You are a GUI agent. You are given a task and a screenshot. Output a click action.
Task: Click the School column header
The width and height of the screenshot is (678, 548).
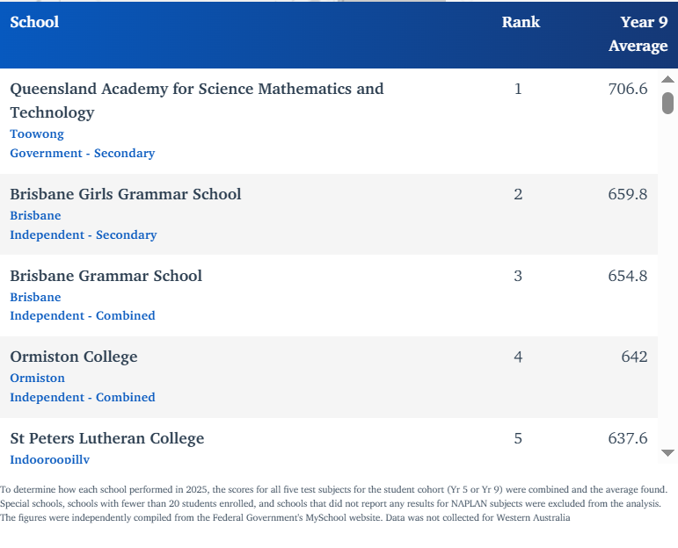[34, 22]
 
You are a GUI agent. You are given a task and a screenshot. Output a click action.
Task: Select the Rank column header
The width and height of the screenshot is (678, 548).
[521, 22]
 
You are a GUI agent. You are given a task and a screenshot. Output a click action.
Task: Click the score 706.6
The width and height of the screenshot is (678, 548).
[628, 89]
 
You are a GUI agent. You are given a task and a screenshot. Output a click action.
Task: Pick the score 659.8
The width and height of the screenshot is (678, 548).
[628, 194]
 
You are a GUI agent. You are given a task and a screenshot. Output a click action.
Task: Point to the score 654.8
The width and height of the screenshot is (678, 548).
[628, 276]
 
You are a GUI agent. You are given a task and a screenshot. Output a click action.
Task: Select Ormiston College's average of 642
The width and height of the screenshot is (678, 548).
[634, 357]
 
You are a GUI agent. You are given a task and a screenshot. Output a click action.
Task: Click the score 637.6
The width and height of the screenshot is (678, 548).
[628, 438]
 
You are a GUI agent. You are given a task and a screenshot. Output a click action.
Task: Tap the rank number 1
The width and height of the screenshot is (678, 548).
[518, 89]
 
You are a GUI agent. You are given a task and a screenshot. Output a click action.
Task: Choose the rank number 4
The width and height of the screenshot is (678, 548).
[518, 357]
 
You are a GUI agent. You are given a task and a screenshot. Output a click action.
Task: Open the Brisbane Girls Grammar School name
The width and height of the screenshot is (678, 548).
[126, 194]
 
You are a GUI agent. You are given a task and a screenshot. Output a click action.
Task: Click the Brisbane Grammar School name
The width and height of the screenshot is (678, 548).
[106, 276]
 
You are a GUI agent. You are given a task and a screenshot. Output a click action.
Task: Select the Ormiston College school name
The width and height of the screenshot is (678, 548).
[74, 357]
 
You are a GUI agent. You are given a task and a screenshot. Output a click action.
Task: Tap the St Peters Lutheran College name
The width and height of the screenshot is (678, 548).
[107, 438]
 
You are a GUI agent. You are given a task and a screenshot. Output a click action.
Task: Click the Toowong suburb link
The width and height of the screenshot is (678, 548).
[37, 134]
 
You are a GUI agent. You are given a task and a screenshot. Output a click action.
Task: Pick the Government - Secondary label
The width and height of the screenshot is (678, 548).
[83, 153]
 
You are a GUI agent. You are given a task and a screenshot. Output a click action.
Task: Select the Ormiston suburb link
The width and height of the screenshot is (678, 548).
[38, 378]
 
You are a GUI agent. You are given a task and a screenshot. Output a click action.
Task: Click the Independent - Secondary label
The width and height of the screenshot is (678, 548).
[84, 234]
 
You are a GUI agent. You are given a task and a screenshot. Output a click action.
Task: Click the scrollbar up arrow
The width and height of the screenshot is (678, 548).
[667, 80]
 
